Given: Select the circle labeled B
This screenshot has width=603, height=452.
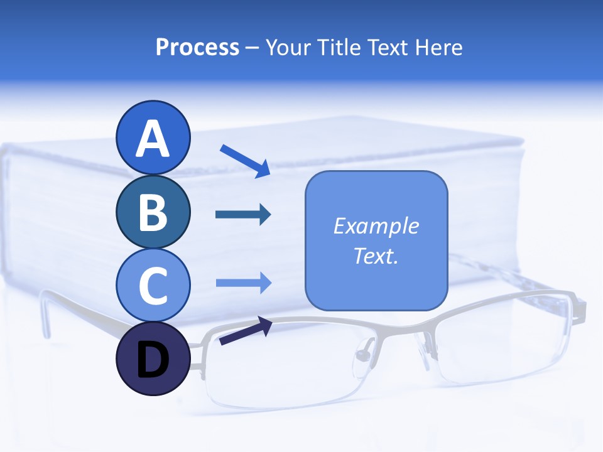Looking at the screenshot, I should point(153,212).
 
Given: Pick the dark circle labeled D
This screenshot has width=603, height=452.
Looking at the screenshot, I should point(153,359).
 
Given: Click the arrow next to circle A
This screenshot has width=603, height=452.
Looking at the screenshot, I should point(245,161).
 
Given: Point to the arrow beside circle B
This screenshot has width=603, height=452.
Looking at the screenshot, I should point(243,215).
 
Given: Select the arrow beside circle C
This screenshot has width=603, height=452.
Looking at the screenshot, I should point(243,282).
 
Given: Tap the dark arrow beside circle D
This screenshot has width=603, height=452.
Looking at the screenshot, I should point(246,331).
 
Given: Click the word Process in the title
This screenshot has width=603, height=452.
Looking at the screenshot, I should point(197,48).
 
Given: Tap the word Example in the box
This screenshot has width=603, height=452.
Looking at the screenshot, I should point(376,226).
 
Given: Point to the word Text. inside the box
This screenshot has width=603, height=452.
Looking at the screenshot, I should point(376,256).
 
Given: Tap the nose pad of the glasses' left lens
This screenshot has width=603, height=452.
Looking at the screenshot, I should point(362,355).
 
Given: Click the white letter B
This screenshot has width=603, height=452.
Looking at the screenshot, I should point(153,212).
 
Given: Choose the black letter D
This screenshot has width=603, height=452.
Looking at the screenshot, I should point(153,360).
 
